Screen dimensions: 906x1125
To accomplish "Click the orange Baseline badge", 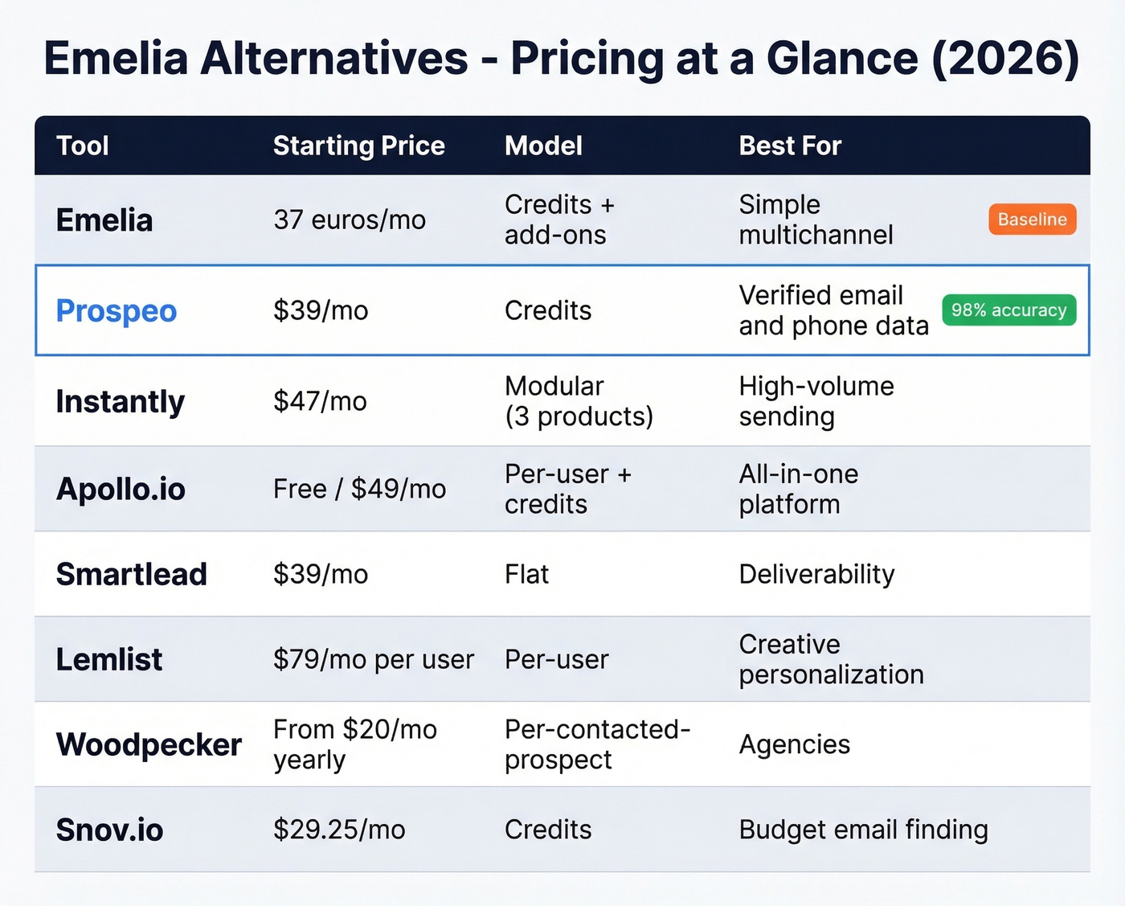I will [x=1032, y=219].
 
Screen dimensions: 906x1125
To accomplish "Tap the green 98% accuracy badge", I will [x=1008, y=310].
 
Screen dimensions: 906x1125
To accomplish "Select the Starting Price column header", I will [x=358, y=146].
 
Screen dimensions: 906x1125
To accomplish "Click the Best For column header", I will [x=789, y=146].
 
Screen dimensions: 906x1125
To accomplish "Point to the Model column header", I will [x=543, y=146].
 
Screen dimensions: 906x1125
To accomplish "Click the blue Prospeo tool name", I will [x=117, y=311].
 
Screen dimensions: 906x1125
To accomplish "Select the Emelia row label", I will [x=104, y=220].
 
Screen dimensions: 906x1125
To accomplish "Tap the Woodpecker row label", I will [x=149, y=744].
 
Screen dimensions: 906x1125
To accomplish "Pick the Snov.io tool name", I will [x=109, y=830].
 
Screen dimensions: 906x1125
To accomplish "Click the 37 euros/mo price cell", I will [x=350, y=219].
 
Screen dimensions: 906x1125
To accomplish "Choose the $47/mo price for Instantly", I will [x=320, y=401].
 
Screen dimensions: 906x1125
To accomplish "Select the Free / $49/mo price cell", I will [x=359, y=489].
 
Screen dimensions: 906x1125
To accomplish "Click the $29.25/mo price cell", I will [x=339, y=830].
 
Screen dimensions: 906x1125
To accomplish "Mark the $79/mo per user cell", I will [x=374, y=659].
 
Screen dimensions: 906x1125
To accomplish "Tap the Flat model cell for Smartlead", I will [x=526, y=574].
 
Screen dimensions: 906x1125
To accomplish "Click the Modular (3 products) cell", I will [x=579, y=401].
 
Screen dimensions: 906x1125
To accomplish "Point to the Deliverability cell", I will [x=816, y=574].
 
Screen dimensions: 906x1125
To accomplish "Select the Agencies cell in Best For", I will [x=794, y=744].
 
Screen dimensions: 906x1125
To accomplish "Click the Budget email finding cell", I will [x=863, y=830].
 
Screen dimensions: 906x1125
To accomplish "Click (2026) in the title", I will [x=1004, y=59].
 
